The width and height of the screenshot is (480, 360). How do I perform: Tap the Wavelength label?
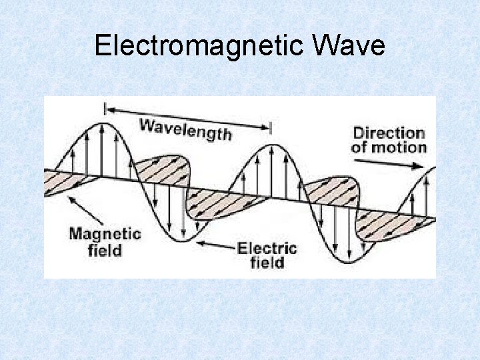click(x=185, y=128)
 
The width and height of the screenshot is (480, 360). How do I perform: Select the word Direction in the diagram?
click(x=389, y=133)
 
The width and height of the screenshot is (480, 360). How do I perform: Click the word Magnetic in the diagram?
click(x=105, y=234)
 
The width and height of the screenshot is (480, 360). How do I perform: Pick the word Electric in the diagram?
click(x=267, y=249)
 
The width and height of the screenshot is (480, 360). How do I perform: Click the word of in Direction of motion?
click(x=359, y=147)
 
